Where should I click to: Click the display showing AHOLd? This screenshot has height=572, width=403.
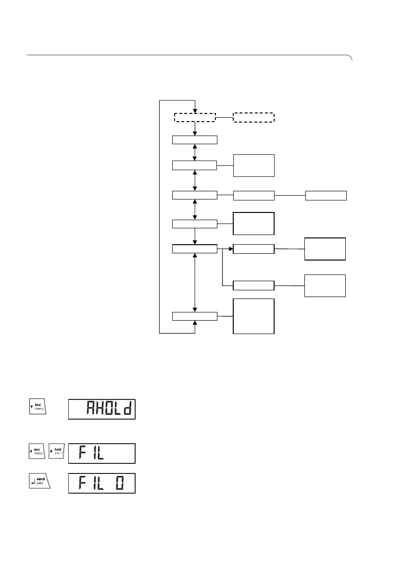tap(102, 409)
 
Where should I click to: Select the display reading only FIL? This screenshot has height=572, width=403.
tap(102, 453)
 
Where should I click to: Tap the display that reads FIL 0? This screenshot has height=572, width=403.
tap(102, 483)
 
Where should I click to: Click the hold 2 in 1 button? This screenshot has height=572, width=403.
tap(55, 453)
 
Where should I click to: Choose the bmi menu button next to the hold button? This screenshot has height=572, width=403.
tap(37, 453)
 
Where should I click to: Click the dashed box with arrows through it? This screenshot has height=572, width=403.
tap(194, 117)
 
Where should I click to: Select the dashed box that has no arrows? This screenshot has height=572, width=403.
tap(253, 117)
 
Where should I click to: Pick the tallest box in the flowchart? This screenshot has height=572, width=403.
tap(253, 316)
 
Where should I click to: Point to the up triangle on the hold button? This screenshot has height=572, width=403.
tap(51, 450)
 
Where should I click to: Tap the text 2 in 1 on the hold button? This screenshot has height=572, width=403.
tap(57, 455)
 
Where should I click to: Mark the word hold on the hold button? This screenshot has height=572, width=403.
tap(57, 450)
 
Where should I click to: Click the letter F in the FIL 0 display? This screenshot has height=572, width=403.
tap(78, 484)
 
